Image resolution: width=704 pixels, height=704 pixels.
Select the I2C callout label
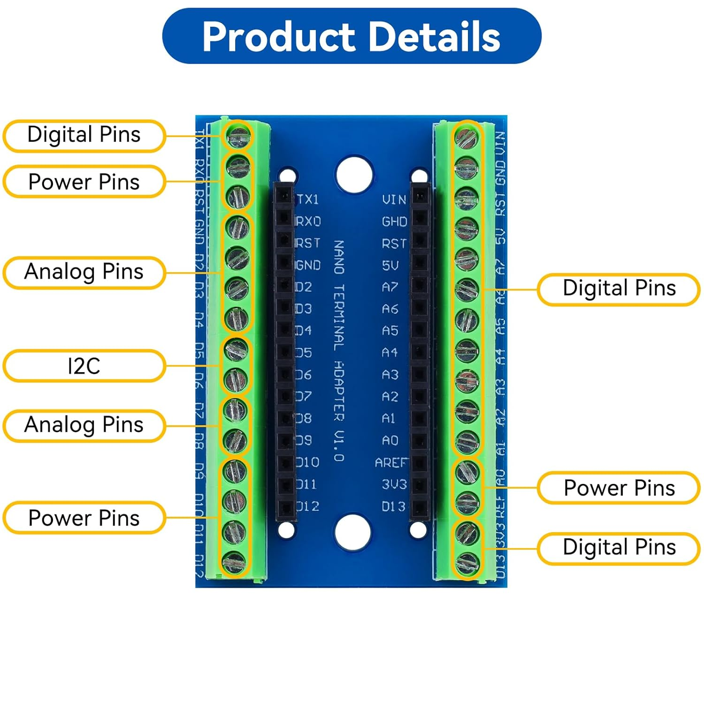point(84,366)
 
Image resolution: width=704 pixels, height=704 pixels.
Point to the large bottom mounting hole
point(353,532)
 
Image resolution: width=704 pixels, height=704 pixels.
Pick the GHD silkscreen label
point(394,222)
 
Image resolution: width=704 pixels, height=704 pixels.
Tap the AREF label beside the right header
point(391,463)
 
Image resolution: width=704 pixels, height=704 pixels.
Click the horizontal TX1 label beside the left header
point(308,199)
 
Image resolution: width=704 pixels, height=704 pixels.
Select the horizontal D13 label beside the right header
point(393,506)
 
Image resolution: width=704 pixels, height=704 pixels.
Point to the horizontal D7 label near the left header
point(304,397)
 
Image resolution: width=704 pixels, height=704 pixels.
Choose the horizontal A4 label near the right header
point(390,352)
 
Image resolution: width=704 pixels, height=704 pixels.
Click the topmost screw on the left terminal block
point(238,137)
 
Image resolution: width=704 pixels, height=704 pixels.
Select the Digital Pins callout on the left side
point(84,135)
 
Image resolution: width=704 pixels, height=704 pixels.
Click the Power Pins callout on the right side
point(619,488)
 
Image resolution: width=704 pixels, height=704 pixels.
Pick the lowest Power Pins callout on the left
point(84,518)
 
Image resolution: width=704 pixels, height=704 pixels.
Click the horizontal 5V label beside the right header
point(390,266)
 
